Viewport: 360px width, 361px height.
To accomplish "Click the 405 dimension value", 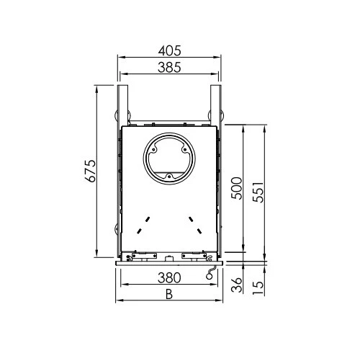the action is pos(169,50).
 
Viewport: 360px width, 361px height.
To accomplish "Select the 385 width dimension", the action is pos(169,67).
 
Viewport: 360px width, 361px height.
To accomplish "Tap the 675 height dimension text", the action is pos(91,171).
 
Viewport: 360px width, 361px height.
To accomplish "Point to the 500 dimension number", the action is pos(237,188).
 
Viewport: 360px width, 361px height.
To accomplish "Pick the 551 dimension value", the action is pos(258,192).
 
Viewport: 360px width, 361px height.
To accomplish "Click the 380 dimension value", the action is pos(169,277).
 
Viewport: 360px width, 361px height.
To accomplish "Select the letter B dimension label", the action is pos(169,294).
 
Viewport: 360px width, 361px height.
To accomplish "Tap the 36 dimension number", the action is pos(237,285).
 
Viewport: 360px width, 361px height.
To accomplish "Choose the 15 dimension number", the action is pos(258,288).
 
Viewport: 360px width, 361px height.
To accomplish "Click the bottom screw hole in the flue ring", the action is pos(169,177).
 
